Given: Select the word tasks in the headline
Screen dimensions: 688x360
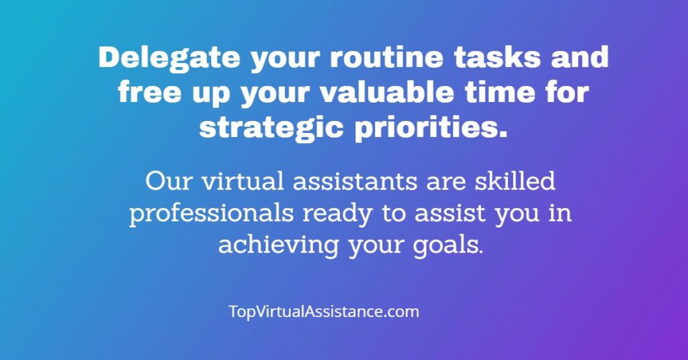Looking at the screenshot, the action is point(497,57).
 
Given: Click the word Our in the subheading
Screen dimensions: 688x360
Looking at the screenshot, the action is point(169,181).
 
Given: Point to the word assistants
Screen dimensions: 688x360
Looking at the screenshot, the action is point(355,181).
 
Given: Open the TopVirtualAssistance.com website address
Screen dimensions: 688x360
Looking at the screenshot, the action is point(324,312).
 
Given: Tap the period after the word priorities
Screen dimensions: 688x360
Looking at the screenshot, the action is point(503,134).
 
